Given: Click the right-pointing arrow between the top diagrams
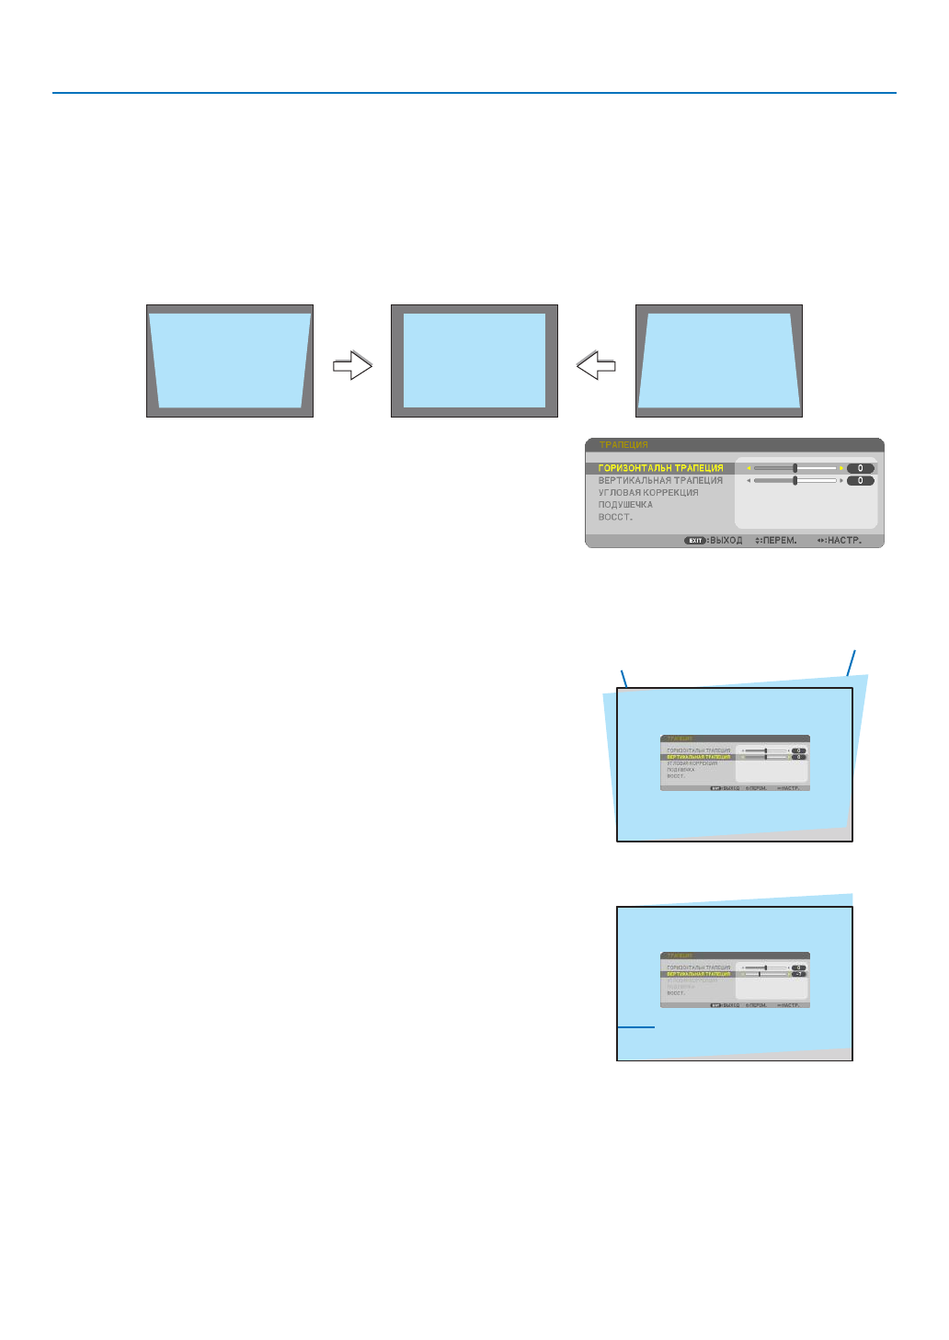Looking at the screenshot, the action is (352, 366).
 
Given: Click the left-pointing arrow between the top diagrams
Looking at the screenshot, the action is (596, 366).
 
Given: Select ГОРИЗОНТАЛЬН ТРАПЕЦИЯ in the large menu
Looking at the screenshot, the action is (660, 468).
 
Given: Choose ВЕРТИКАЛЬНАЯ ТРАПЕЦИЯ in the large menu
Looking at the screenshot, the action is (660, 480).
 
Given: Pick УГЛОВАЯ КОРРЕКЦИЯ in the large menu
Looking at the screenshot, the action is (648, 493).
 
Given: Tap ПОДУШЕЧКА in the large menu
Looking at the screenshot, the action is (625, 505).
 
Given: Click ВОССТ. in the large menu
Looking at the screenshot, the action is (615, 517).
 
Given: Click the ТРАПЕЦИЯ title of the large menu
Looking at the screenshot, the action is (623, 445).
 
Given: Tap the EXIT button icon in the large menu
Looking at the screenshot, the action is (695, 541).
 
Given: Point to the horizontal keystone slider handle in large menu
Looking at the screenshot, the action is (795, 468).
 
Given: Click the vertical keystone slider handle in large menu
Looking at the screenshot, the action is (795, 480).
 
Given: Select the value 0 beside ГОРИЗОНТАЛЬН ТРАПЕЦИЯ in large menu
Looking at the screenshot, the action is (861, 468).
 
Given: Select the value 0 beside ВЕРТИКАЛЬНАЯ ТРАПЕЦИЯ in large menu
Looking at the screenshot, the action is (861, 480).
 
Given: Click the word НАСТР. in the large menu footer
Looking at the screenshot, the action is (844, 541).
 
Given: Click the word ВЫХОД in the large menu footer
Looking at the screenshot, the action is (726, 541).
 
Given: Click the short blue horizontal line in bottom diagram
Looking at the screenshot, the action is (635, 1026).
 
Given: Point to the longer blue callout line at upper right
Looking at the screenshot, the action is (852, 663).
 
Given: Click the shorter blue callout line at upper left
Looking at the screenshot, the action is (624, 680).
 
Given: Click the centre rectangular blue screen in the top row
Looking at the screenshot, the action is (474, 361).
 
